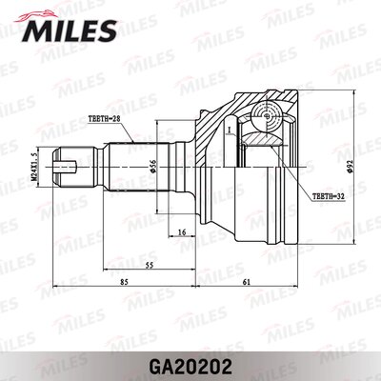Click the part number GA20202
tap(190, 363)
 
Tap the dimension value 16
tap(181, 231)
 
